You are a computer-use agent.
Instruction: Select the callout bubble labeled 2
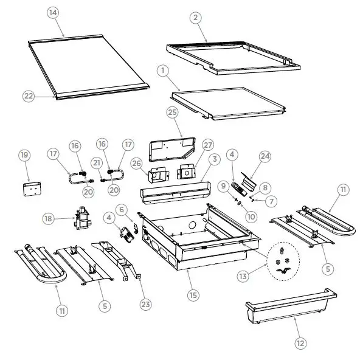pos(195,18)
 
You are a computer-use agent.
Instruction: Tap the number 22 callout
pos(29,95)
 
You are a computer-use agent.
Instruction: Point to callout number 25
pos(173,113)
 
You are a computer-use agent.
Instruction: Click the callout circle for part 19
pos(24,156)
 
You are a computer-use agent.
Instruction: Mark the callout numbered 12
pos(300,343)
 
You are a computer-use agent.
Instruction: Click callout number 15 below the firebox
pos(193,296)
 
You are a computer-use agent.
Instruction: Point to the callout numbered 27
pos(208,146)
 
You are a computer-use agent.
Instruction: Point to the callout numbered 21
pos(95,162)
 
